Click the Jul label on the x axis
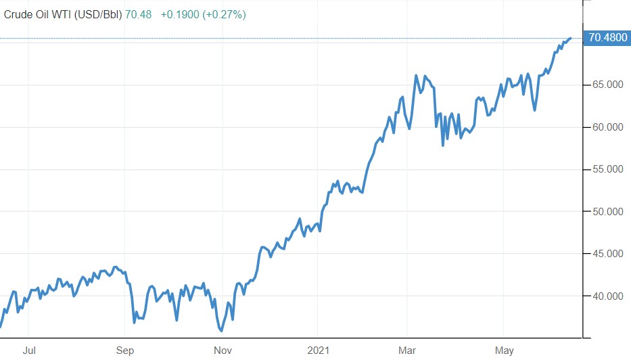tap(29, 351)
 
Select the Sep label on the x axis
tap(124, 351)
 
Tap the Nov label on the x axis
tap(223, 351)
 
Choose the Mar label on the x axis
tap(407, 351)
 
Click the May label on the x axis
tap(505, 351)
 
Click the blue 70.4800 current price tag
tap(607, 38)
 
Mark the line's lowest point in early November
tap(220, 331)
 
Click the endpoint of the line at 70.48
tap(571, 39)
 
